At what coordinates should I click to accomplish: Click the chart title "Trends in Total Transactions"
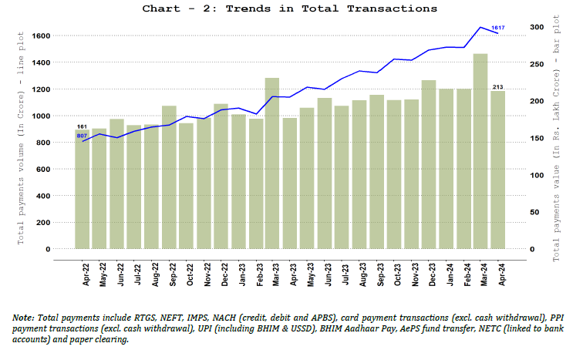[290, 8]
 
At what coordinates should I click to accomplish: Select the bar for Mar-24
[480, 151]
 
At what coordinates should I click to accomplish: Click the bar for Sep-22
[169, 177]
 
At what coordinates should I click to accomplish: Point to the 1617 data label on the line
[497, 28]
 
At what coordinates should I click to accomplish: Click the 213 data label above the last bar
[497, 86]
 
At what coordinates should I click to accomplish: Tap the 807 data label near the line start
[82, 136]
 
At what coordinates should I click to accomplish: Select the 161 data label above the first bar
[82, 126]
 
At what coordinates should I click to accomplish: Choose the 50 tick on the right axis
[530, 212]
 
